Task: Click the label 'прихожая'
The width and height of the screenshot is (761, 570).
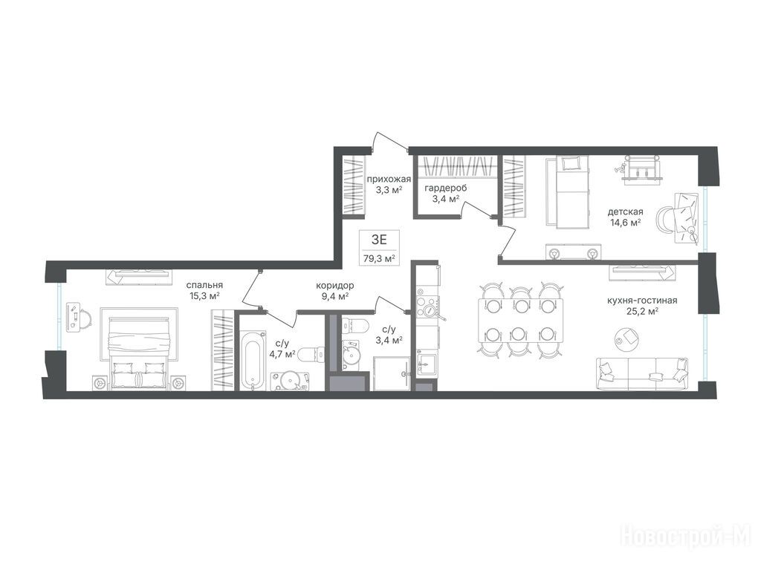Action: [x=389, y=179]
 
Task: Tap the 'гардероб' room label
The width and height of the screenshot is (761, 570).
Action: [x=446, y=188]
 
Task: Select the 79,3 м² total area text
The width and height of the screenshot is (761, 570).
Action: [x=379, y=258]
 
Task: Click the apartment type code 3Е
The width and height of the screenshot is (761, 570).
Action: [x=379, y=239]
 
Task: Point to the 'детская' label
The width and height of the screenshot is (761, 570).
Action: [x=626, y=212]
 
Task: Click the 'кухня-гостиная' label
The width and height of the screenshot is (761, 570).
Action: [x=642, y=301]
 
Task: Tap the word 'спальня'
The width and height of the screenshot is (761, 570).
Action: [x=207, y=285]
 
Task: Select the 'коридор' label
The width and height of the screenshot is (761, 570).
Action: [x=334, y=286]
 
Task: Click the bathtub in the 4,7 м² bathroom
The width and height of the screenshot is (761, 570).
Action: [x=253, y=359]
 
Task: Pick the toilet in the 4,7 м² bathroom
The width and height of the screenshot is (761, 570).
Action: [x=311, y=353]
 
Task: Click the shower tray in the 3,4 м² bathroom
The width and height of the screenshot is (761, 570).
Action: [x=392, y=373]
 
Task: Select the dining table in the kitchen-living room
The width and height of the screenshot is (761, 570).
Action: [x=521, y=320]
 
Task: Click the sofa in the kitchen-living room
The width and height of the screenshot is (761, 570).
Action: [x=642, y=374]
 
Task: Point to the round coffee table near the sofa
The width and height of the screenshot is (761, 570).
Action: [x=626, y=338]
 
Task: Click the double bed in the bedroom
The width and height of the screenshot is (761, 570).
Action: [x=139, y=347]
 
